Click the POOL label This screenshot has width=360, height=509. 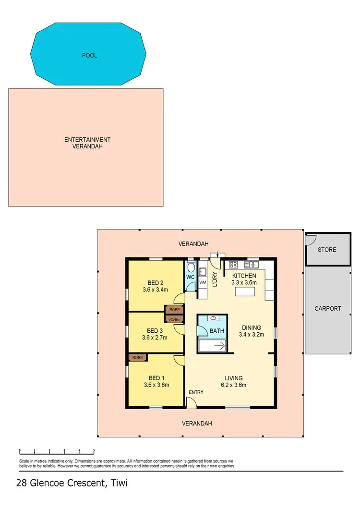89,55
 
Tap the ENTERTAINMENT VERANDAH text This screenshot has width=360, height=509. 87,143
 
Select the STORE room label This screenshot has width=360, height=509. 327,250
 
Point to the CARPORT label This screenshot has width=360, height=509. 328,308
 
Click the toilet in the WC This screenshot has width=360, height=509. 191,267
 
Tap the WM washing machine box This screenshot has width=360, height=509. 203,282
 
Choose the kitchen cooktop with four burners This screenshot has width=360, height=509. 234,264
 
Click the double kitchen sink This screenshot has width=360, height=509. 252,264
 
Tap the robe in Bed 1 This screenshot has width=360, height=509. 138,357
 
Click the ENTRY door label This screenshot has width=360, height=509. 196,392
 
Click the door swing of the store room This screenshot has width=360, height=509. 310,239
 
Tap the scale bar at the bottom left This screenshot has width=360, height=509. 56,451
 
